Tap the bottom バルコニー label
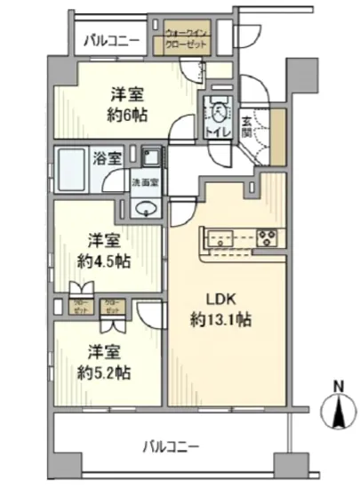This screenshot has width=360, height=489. (x=172, y=445)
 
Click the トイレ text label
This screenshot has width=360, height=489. (x=219, y=133)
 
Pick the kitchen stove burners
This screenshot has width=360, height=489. (x=267, y=236)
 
